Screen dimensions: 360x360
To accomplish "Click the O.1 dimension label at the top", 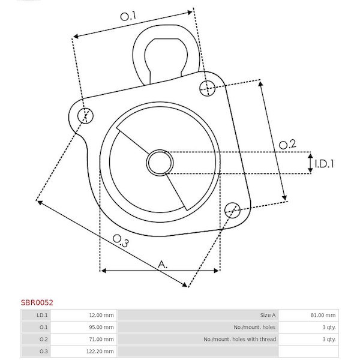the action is [x=128, y=16].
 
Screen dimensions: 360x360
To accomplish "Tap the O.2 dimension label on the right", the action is [x=287, y=145].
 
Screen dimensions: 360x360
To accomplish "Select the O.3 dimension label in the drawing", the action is [x=121, y=241].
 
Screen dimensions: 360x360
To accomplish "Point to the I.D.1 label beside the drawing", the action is [x=324, y=164].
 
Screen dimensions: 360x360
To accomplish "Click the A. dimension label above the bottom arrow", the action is [x=163, y=265].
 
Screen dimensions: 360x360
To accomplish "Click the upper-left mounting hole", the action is [x=85, y=115].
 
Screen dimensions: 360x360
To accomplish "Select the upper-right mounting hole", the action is [x=208, y=88].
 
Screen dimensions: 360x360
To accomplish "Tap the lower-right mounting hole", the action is [x=232, y=210].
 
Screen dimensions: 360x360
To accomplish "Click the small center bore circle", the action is [x=160, y=163].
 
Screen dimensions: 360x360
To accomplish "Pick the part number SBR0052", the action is [x=37, y=302].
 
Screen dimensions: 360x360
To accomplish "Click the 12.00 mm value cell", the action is [x=101, y=315].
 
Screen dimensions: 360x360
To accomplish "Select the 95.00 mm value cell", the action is [x=101, y=327].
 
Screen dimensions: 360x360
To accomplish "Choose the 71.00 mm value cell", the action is [x=101, y=339].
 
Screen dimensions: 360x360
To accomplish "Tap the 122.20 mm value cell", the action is [x=100, y=351].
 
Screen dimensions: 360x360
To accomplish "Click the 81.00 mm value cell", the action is [x=323, y=315].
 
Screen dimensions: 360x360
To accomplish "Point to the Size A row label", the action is [x=268, y=315].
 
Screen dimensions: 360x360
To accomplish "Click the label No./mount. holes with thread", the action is [x=239, y=339].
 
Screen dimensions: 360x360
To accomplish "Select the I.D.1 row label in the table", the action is [x=42, y=315].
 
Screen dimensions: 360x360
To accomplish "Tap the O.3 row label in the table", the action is [x=43, y=351].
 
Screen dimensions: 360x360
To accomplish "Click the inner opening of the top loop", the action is [x=166, y=59].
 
